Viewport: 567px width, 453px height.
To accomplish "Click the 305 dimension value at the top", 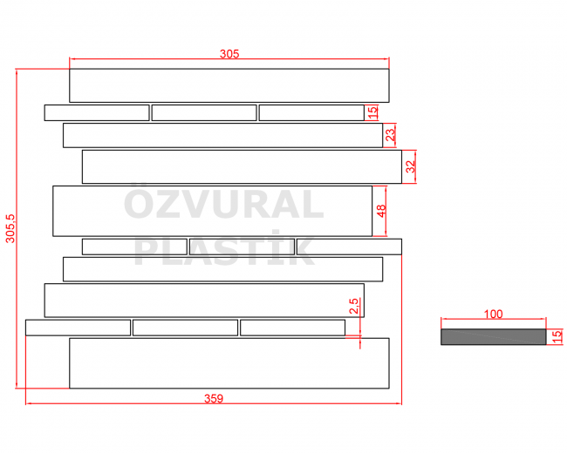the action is [x=229, y=54].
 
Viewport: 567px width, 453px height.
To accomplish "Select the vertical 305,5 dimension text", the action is [x=10, y=228].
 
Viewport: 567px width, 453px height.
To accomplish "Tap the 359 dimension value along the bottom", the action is [x=214, y=398].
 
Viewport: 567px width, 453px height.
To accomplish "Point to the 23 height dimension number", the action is [x=391, y=135].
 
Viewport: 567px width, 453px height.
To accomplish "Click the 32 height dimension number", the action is [x=411, y=166].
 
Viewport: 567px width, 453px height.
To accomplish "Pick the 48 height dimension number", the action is [x=381, y=211].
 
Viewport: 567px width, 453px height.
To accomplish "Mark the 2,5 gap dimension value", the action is [x=353, y=306].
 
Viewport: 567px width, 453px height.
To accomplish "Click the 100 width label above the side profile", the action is [x=493, y=314].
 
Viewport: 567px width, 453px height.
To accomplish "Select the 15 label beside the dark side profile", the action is [x=557, y=336].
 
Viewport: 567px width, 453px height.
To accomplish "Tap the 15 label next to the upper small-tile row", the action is [x=372, y=112].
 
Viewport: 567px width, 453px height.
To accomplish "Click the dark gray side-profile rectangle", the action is [x=493, y=336].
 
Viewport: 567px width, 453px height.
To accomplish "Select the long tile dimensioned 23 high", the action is [x=222, y=136].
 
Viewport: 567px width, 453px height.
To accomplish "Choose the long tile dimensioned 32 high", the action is [x=242, y=166].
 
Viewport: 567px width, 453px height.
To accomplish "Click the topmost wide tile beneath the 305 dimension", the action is [x=229, y=85].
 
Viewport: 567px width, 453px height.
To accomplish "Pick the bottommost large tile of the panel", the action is [x=229, y=363].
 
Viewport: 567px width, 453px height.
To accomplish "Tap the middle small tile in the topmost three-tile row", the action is [x=204, y=112].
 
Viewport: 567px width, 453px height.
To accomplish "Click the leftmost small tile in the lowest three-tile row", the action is [x=79, y=328].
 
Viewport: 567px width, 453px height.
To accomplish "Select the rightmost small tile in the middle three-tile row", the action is [x=349, y=247].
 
